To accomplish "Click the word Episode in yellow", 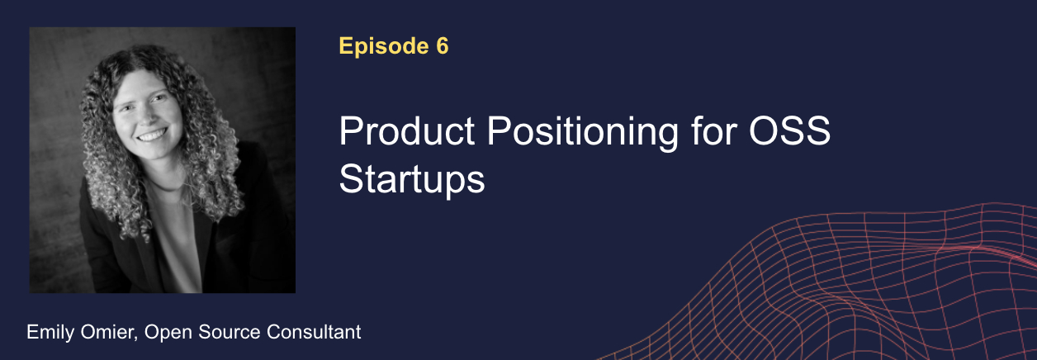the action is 384,46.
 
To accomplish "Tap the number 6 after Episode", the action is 442,45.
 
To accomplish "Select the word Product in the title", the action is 407,131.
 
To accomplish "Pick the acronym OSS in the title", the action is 790,131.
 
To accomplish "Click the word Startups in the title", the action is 412,180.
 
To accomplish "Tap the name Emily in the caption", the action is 50,332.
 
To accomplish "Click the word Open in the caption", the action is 168,333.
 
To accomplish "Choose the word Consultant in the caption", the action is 314,332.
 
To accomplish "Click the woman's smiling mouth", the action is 151,135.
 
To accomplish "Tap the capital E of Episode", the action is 346,45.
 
